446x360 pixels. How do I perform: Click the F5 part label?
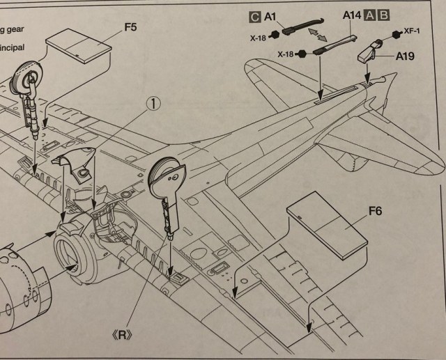point(130,27)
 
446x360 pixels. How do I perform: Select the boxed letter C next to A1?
point(255,15)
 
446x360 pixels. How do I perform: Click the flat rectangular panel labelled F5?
point(79,49)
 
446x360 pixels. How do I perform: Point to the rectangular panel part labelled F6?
point(325,228)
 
